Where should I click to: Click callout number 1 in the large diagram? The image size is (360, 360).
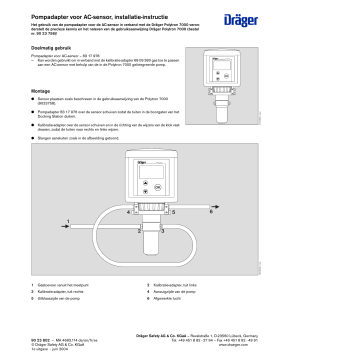(x=67, y=220)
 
